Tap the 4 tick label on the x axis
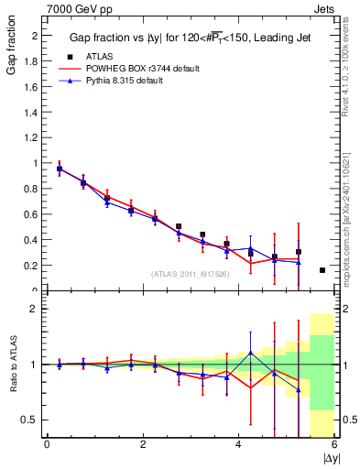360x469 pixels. coord(238,444)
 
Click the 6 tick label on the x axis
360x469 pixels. coord(333,444)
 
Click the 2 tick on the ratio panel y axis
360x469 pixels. coord(37,309)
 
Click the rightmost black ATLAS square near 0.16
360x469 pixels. coord(322,270)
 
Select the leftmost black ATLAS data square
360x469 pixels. coord(60,169)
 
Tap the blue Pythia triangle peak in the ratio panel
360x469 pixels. coord(250,353)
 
